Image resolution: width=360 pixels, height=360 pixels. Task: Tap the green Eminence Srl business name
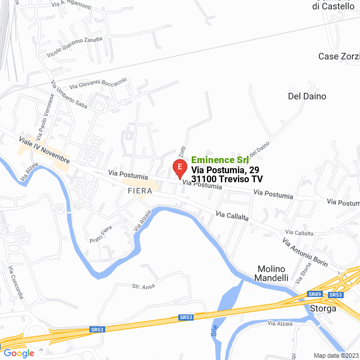tap(220, 160)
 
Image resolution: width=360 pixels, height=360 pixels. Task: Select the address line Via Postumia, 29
tap(225, 170)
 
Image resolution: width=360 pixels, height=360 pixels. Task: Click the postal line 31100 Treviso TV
tap(227, 179)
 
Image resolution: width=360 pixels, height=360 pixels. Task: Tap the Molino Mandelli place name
tap(272, 273)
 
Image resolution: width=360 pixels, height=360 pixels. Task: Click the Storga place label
tap(323, 308)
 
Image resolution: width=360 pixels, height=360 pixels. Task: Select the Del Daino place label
tap(307, 96)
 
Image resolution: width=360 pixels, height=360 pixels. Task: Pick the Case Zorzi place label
tap(339, 56)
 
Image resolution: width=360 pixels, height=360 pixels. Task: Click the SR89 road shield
tap(315, 294)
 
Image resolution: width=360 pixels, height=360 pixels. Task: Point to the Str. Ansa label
tap(143, 286)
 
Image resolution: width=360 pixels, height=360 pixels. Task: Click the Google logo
tap(19, 353)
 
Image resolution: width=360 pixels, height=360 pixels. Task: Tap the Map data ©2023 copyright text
tap(335, 355)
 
